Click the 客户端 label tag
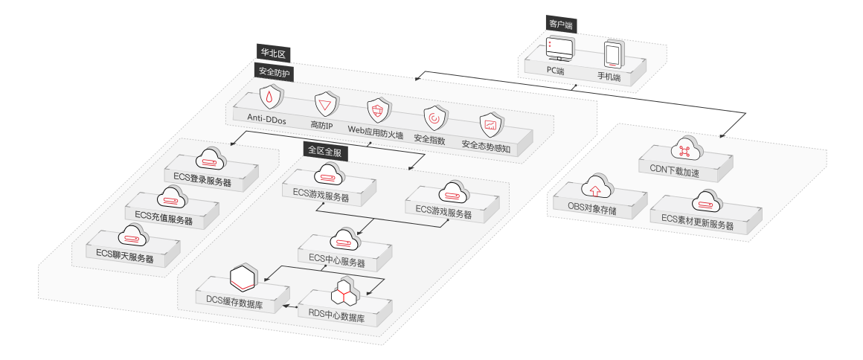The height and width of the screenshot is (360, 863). click(560, 25)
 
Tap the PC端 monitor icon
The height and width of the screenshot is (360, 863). click(559, 50)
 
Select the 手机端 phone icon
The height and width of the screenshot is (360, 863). click(612, 55)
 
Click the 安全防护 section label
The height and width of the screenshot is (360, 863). click(274, 72)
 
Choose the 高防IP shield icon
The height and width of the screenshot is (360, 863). click(326, 105)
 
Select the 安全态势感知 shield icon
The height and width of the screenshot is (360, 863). click(491, 124)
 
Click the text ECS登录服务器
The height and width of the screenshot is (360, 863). click(202, 181)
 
